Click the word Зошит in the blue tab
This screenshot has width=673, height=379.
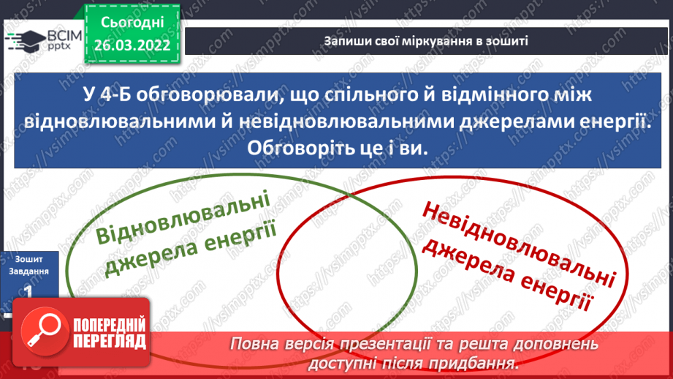(28, 258)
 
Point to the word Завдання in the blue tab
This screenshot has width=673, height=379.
(28, 270)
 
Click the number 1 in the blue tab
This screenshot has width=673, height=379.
(28, 290)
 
